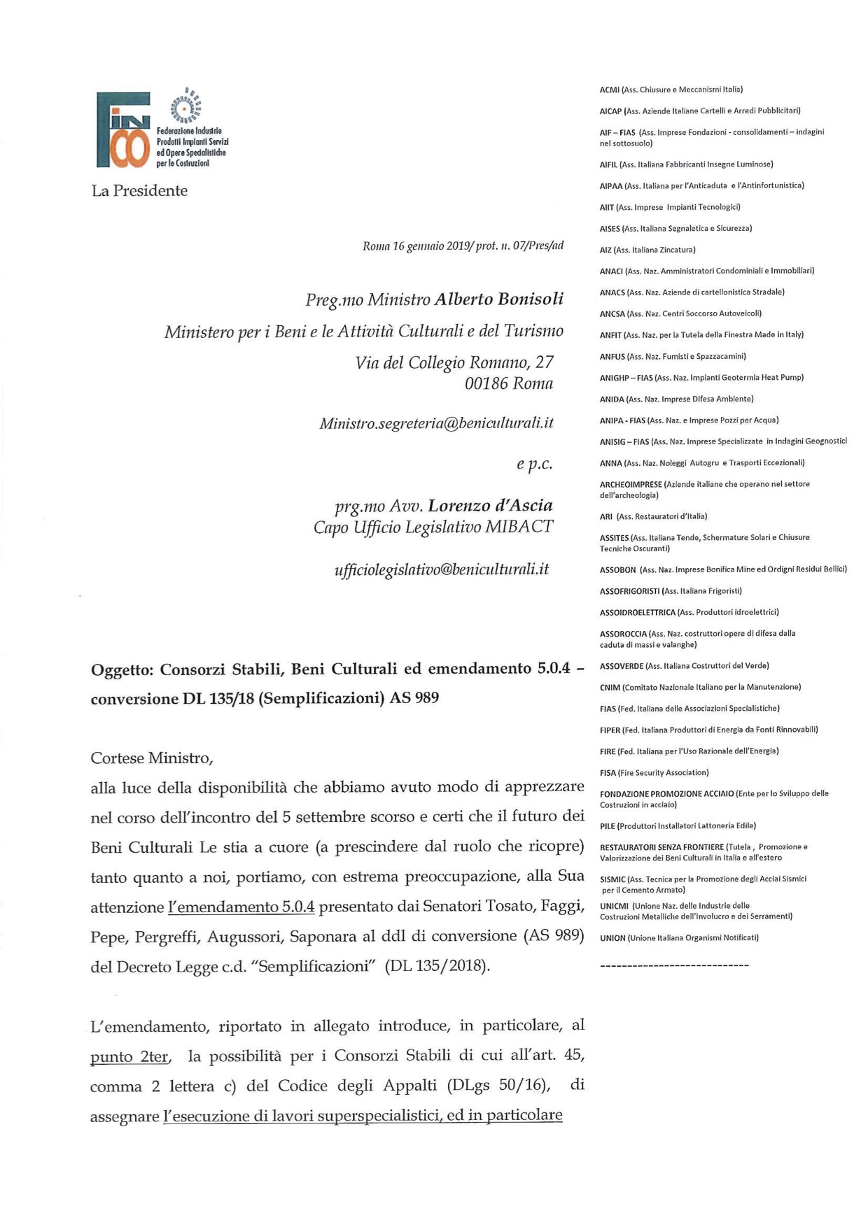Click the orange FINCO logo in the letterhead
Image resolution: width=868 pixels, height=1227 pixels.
[123, 130]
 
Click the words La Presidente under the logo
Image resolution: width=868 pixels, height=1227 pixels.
[139, 191]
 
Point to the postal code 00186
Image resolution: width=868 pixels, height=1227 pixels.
[486, 383]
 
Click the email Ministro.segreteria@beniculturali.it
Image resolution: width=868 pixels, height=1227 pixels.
[436, 423]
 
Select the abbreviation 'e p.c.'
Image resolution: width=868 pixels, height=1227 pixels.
[534, 464]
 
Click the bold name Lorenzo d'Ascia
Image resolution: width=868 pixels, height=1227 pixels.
[490, 506]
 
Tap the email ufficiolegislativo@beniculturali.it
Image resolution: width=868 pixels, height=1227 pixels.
[441, 569]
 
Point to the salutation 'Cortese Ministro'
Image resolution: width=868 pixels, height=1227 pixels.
[151, 758]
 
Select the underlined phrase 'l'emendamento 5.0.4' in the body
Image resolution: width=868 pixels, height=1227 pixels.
[241, 907]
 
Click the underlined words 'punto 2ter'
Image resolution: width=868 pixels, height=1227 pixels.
[129, 1057]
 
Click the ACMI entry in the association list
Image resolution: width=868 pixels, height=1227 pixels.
[671, 90]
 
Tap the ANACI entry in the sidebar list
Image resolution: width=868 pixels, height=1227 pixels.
[706, 271]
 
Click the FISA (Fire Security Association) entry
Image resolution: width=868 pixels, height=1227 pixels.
[654, 773]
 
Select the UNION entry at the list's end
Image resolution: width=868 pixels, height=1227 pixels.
[678, 938]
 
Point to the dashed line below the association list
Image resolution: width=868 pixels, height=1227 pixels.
[674, 965]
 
